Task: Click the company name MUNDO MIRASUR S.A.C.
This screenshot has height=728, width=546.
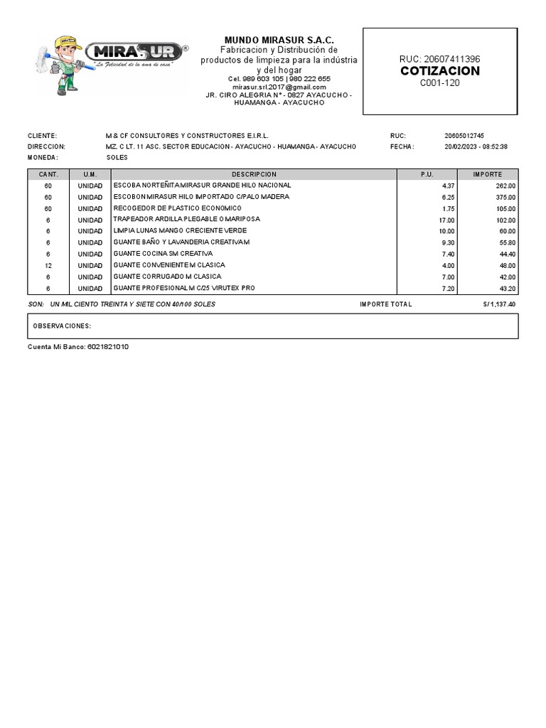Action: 279,40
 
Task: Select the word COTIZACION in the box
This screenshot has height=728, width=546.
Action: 439,71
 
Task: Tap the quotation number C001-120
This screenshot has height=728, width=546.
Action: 439,83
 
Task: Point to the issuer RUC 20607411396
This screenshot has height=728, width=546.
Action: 439,58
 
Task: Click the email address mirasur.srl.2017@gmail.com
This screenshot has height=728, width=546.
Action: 279,87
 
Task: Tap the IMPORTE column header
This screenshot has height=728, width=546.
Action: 488,174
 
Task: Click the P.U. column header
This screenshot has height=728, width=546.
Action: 427,174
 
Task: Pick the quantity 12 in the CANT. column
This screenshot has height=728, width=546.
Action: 48,265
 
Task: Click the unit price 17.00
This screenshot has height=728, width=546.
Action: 446,220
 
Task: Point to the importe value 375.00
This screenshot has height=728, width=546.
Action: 506,197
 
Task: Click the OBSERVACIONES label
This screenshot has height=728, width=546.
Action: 63,326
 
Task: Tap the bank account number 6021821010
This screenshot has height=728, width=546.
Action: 108,346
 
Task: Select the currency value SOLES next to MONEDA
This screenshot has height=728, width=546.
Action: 117,157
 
